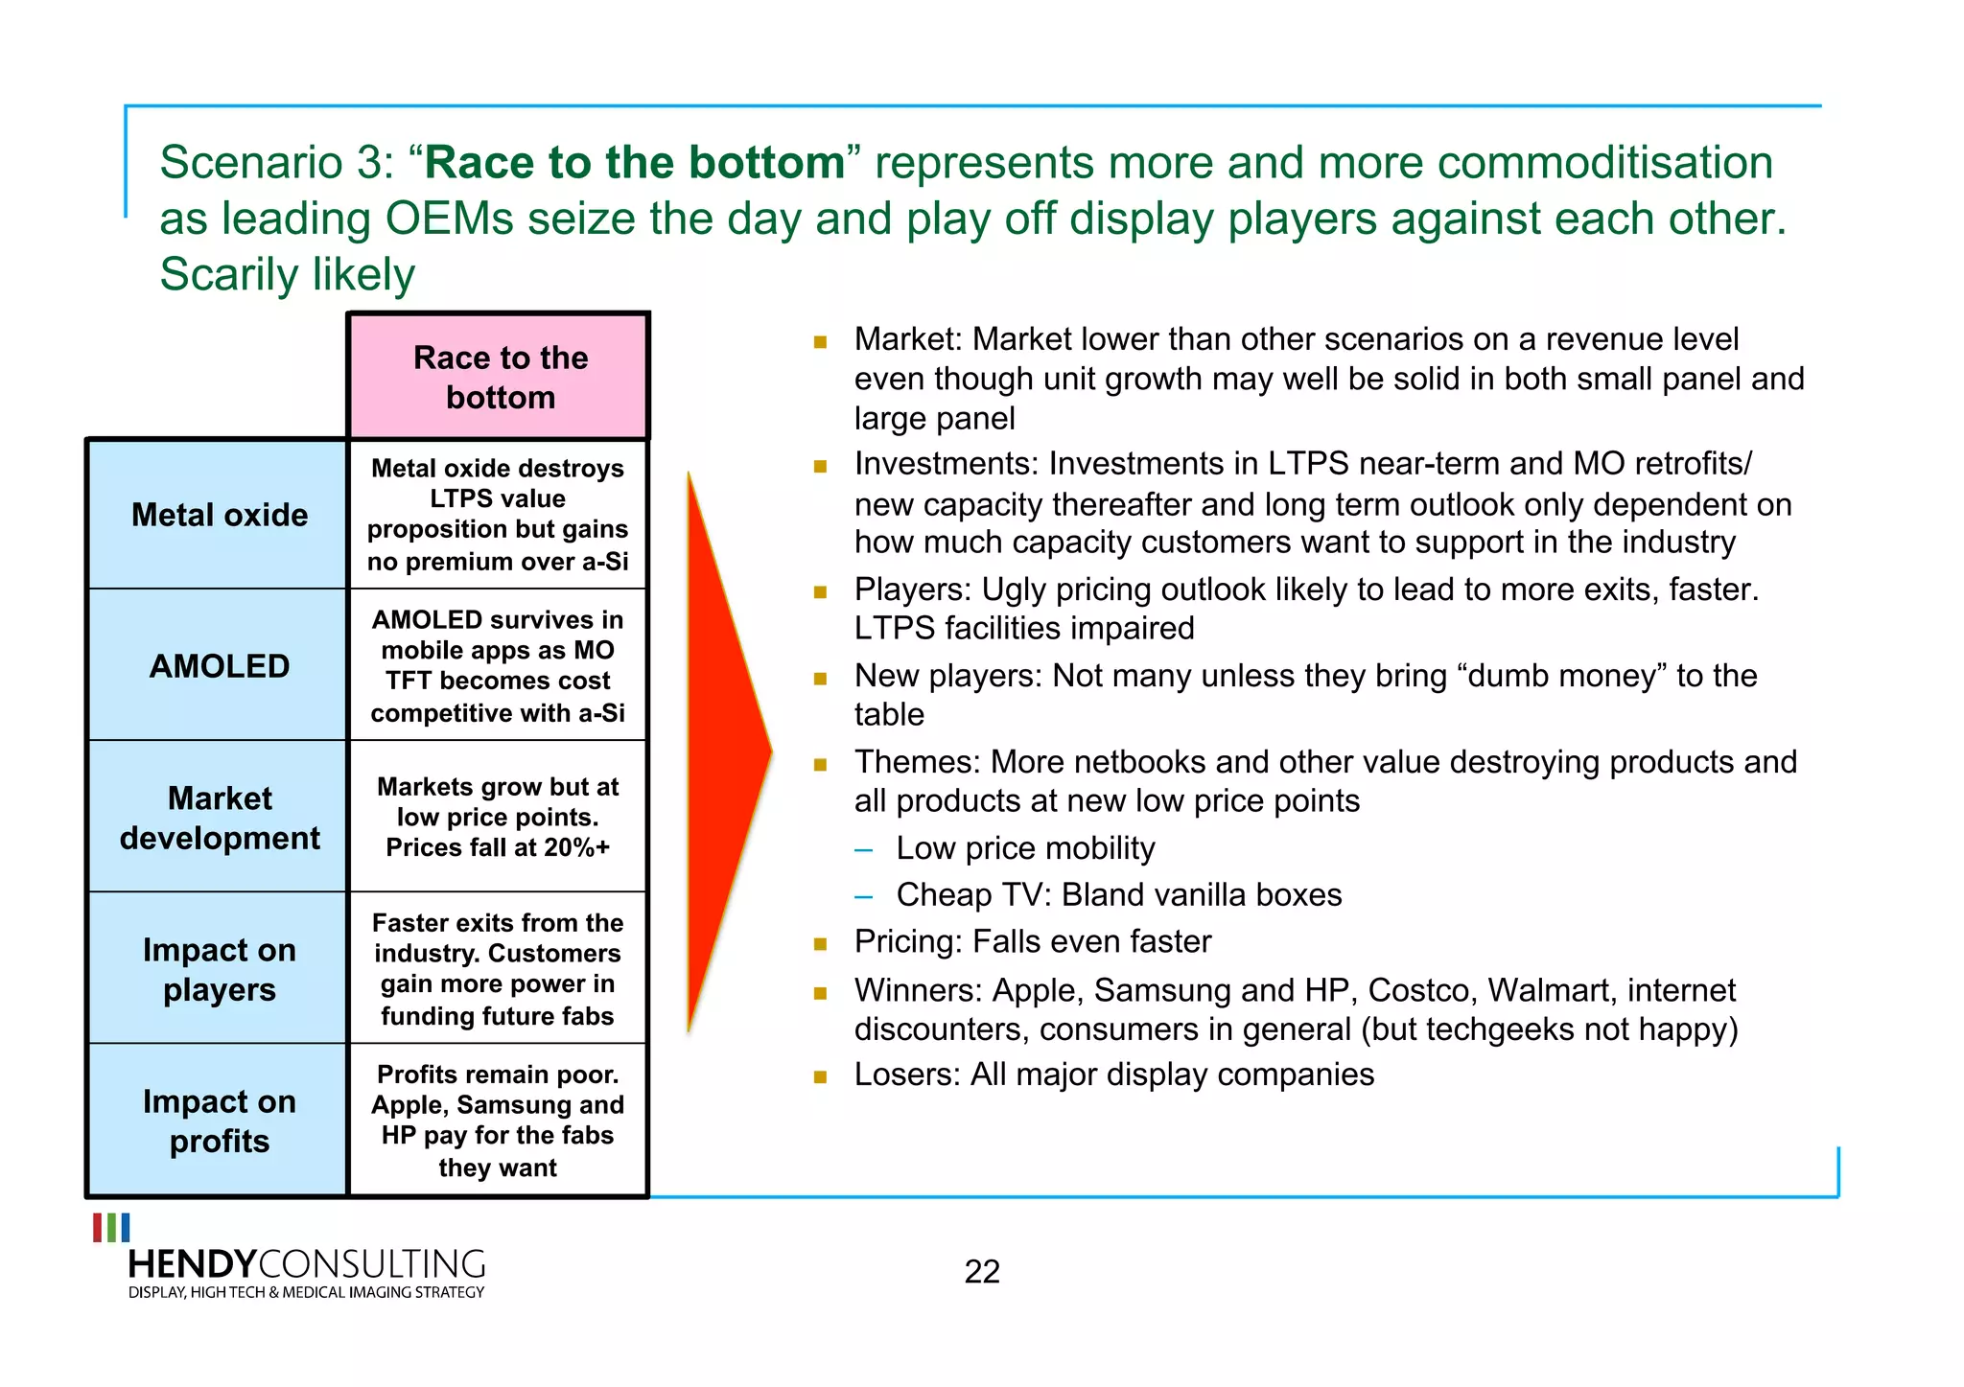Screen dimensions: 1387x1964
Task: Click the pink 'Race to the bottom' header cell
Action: click(x=499, y=377)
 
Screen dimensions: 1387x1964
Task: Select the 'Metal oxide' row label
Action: click(x=219, y=515)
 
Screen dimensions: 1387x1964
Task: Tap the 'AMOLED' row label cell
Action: click(x=219, y=665)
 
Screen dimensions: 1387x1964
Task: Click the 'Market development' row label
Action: click(x=219, y=818)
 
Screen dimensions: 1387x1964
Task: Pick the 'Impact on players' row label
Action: click(x=219, y=969)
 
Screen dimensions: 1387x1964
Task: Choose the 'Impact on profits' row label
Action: click(x=219, y=1121)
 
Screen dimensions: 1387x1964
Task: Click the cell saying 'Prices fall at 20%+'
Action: click(x=498, y=847)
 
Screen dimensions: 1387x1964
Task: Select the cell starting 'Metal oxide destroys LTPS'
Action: click(x=498, y=514)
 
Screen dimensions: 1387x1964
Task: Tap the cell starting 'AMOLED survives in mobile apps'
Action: click(x=498, y=665)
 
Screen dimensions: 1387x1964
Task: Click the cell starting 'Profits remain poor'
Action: click(x=498, y=1120)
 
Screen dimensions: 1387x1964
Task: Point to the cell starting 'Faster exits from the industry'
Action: click(x=498, y=968)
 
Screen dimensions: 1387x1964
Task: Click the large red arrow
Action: click(x=725, y=752)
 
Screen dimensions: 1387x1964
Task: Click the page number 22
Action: click(x=982, y=1272)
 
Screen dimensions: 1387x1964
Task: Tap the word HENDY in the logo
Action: click(x=193, y=1264)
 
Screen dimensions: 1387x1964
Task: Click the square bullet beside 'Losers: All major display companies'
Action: click(x=820, y=1076)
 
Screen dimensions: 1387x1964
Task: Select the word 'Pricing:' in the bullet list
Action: click(x=907, y=941)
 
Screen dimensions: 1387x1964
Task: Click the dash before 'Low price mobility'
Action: click(x=864, y=850)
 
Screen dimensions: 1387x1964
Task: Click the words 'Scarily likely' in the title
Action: click(x=287, y=275)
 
